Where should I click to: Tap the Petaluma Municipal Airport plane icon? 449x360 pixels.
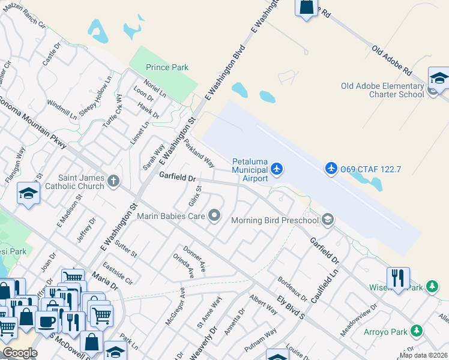click(276, 169)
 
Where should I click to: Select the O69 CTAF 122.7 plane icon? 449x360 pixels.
click(331, 168)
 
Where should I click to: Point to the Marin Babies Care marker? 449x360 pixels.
click(214, 216)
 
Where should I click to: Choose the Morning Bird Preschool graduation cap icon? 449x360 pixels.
click(327, 220)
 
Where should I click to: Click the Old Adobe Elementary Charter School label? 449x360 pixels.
click(382, 90)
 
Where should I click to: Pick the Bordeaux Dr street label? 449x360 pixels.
click(292, 290)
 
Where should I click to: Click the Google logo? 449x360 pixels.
click(19, 352)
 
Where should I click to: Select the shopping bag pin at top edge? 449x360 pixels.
click(306, 7)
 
